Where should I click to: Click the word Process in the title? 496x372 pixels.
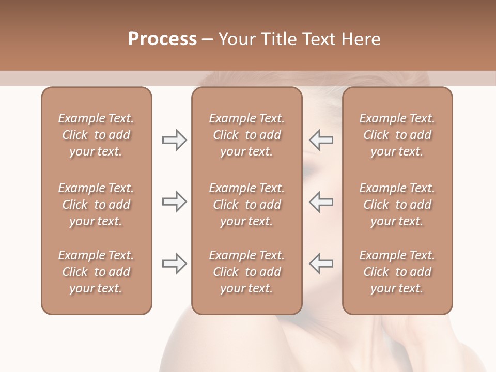[162, 39]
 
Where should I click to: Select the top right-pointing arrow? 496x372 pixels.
[174, 140]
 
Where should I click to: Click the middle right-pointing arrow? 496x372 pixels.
[174, 202]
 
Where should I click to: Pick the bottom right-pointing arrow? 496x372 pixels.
[174, 263]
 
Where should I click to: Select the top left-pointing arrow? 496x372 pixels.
[321, 140]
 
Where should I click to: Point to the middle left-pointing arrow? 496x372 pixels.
[321, 202]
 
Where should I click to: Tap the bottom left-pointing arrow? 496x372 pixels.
[321, 263]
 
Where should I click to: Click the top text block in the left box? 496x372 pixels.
[96, 135]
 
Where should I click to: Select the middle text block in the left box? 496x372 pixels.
[96, 205]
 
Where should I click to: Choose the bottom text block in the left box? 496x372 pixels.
[96, 272]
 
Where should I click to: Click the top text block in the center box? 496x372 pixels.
[246, 135]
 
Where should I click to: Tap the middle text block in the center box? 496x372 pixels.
[246, 205]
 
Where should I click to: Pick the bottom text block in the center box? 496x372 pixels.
[246, 272]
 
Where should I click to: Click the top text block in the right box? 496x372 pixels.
[397, 135]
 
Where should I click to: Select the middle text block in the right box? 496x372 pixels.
[397, 205]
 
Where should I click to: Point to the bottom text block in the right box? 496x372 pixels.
[397, 272]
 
